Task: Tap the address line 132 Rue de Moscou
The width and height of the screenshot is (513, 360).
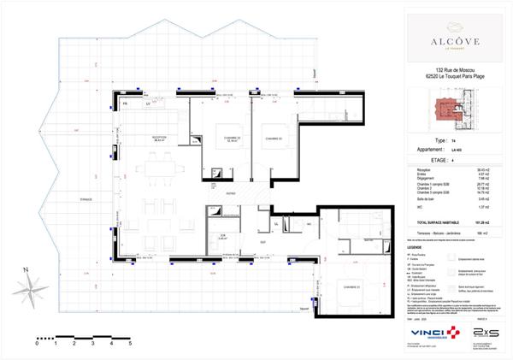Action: [x=447, y=70]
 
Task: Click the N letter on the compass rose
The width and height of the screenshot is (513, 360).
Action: [x=28, y=270]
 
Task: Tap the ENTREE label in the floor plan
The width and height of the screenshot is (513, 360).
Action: [x=231, y=194]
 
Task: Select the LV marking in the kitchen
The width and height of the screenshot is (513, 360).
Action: [x=148, y=104]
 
